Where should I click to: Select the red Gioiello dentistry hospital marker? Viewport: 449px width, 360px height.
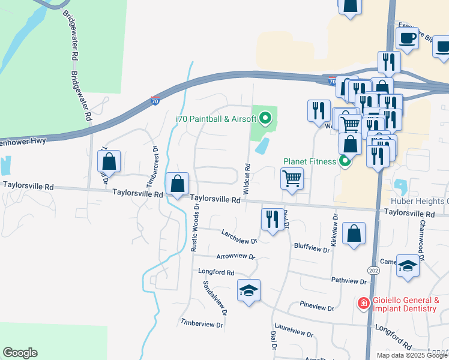pyautogui.click(x=363, y=304)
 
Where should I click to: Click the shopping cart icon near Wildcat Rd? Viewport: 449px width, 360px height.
pyautogui.click(x=291, y=178)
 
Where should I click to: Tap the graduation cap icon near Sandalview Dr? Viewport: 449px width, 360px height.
pyautogui.click(x=248, y=291)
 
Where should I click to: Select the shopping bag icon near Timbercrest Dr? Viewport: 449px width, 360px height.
pyautogui.click(x=109, y=161)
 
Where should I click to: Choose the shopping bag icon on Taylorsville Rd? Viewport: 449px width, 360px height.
pyautogui.click(x=178, y=184)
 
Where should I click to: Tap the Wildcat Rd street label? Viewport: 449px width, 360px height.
pyautogui.click(x=247, y=177)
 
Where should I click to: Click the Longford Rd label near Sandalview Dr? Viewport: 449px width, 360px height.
pyautogui.click(x=216, y=272)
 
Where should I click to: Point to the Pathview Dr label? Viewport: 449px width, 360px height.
pyautogui.click(x=349, y=280)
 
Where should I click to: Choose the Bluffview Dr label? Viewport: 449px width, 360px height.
pyautogui.click(x=312, y=246)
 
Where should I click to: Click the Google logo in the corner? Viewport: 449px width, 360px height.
pyautogui.click(x=20, y=353)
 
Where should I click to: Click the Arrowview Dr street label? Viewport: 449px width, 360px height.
pyautogui.click(x=236, y=256)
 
